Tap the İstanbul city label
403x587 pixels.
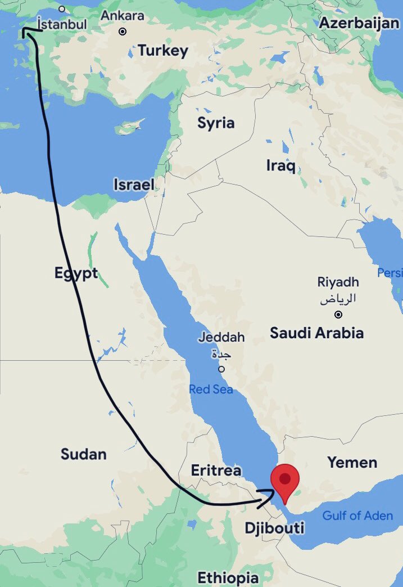(x=61, y=24)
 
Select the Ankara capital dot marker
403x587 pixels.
(x=123, y=32)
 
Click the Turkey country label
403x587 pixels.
(x=163, y=51)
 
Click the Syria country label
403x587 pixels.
(x=216, y=123)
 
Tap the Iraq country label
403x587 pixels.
(x=281, y=165)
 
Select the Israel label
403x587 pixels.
(x=134, y=185)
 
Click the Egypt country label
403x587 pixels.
(x=76, y=273)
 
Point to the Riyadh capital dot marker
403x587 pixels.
(x=338, y=315)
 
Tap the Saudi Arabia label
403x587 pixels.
(x=316, y=333)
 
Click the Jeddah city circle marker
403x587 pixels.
(x=221, y=369)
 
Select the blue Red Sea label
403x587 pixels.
(x=211, y=389)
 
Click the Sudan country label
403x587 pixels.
(x=84, y=454)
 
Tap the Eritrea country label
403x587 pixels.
(x=216, y=471)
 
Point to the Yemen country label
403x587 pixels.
(x=352, y=463)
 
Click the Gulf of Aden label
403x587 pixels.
(x=357, y=515)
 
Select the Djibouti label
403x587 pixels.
(x=274, y=528)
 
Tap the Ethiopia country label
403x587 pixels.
(x=228, y=577)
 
